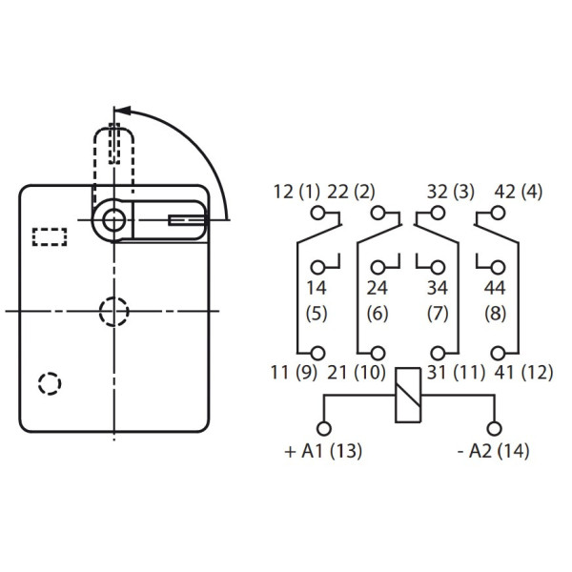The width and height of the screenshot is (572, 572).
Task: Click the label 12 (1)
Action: [296, 192]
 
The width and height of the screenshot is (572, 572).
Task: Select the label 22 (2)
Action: [352, 192]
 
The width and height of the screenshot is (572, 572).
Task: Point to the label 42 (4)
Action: [519, 192]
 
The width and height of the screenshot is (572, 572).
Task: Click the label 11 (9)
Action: [296, 373]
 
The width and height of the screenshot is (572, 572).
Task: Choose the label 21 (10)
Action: [356, 373]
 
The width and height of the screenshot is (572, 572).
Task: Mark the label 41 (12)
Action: [523, 373]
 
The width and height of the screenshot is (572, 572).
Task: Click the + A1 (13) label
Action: [323, 451]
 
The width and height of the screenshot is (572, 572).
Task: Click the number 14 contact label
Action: [316, 287]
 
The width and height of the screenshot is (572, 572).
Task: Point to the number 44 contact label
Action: [496, 287]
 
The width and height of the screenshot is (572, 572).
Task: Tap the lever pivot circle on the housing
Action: [114, 220]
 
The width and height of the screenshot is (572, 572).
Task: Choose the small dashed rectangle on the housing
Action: [51, 236]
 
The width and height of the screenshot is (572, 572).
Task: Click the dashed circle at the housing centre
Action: [113, 311]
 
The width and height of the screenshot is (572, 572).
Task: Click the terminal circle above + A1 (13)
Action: [323, 428]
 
